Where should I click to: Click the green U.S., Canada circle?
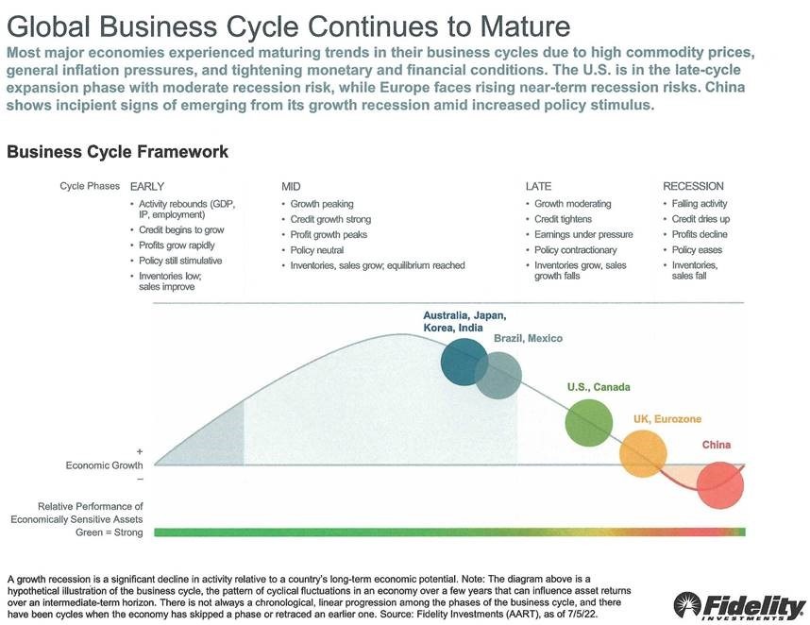(589, 423)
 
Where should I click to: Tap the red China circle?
(720, 485)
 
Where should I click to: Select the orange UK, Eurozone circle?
(643, 454)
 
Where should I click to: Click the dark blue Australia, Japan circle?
(464, 363)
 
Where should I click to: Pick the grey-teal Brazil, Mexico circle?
(498, 376)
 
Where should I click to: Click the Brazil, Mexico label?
(528, 338)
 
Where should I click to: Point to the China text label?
(716, 445)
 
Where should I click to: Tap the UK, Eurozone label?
(667, 419)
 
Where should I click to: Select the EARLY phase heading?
(147, 187)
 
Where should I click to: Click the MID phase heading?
(291, 187)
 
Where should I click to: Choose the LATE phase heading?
(538, 187)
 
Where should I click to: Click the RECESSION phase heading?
(693, 186)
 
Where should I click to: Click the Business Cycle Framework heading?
(117, 152)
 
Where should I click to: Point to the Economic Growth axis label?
(105, 465)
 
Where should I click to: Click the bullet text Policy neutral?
(316, 250)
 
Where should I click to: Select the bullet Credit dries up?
(700, 219)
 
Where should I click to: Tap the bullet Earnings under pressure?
(583, 234)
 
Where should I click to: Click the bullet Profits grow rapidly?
(177, 245)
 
